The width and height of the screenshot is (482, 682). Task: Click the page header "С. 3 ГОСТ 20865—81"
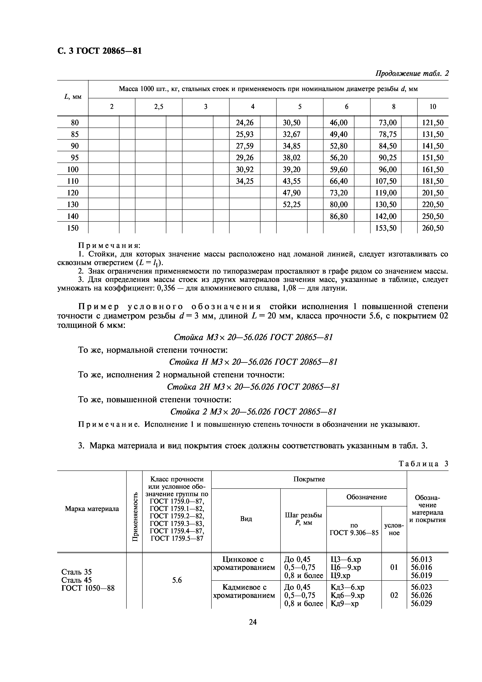(99, 51)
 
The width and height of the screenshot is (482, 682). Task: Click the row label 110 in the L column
(73, 181)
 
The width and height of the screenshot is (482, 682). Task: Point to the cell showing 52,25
(292, 204)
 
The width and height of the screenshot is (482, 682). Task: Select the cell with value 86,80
(338, 216)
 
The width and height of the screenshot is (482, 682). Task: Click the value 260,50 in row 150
(433, 228)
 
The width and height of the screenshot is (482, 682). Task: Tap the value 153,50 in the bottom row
(386, 228)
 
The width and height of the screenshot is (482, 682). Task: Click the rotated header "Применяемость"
(135, 517)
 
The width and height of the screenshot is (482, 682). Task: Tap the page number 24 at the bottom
(253, 622)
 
